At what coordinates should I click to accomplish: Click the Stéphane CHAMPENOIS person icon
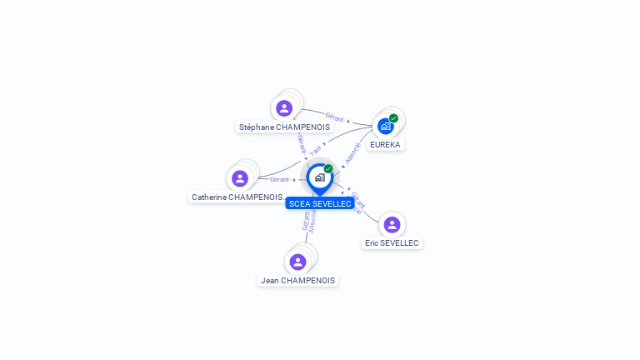[x=284, y=108]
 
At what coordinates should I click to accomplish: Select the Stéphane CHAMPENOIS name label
[x=284, y=127]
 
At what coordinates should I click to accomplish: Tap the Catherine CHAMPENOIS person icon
[x=240, y=178]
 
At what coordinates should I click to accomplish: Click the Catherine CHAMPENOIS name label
[x=237, y=197]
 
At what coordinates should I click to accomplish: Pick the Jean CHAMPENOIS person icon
[x=297, y=262]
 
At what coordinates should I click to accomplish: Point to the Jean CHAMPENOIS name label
[x=297, y=281]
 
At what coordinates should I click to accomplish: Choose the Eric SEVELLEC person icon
[x=392, y=224]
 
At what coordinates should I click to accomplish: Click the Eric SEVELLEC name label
[x=392, y=243]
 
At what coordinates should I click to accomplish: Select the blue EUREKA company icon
[x=385, y=126]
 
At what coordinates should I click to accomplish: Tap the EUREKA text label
[x=385, y=145]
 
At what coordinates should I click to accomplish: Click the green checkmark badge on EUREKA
[x=393, y=118]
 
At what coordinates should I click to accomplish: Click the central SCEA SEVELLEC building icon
[x=319, y=177]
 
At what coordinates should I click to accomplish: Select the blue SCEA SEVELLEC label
[x=320, y=203]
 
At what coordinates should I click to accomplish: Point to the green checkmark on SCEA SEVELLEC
[x=328, y=169]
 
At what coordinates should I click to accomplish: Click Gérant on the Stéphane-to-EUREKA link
[x=334, y=117]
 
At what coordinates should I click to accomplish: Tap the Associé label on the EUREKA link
[x=352, y=152]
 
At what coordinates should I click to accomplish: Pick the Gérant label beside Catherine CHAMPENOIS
[x=279, y=179]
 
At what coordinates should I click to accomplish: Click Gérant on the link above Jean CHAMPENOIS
[x=306, y=221]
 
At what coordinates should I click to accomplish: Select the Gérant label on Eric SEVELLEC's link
[x=357, y=200]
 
